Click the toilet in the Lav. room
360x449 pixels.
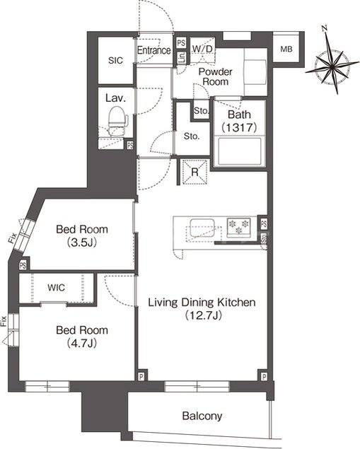(118, 121)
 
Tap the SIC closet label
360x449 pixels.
(115, 60)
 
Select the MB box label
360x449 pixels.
(286, 49)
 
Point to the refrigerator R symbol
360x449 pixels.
(194, 172)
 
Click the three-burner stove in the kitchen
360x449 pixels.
(238, 226)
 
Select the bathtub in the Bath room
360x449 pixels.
(240, 151)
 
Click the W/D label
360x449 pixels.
(202, 49)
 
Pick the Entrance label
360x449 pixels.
(153, 50)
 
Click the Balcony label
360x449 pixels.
(202, 416)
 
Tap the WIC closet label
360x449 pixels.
(56, 288)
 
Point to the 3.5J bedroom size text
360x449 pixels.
(81, 243)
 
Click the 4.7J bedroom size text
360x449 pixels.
(81, 343)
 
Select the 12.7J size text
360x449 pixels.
(203, 315)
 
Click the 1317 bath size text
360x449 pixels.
(239, 127)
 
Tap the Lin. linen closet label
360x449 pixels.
(182, 58)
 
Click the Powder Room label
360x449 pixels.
(216, 76)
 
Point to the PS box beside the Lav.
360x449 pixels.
(130, 145)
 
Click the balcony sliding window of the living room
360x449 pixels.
(197, 386)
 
